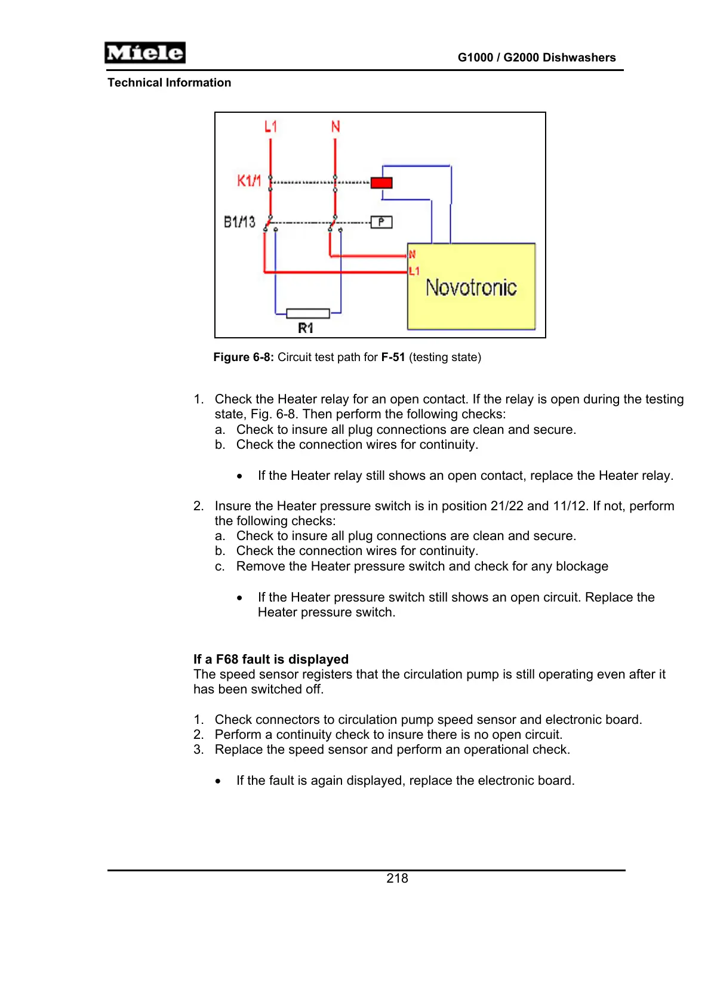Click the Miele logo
145,53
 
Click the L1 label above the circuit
271,127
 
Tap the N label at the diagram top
336,127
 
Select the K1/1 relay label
249,181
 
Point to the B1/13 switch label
239,222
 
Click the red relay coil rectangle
381,183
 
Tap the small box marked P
381,222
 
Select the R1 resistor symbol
308,313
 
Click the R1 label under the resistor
306,328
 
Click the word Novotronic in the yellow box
471,288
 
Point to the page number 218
397,878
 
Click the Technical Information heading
169,83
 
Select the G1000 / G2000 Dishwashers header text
537,58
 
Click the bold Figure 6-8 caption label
244,357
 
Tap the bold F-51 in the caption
393,357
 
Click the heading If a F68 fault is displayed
271,659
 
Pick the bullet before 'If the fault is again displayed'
218,781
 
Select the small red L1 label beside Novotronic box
414,272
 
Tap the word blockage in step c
582,566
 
